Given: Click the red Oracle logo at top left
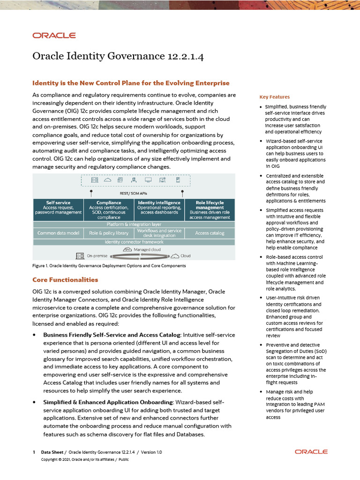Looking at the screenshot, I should [x=54, y=35].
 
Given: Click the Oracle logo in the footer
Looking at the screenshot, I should [x=311, y=452].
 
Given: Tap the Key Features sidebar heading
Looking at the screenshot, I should [x=275, y=97].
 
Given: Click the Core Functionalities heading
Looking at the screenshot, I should [x=65, y=280].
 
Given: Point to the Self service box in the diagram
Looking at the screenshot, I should [x=58, y=210].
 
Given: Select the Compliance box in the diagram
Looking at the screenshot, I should [x=109, y=210].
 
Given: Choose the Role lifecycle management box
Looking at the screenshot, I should [x=210, y=210].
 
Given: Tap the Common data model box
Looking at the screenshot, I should [x=58, y=233].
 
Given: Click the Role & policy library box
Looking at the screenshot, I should [x=109, y=233].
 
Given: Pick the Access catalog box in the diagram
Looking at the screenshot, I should [x=210, y=233].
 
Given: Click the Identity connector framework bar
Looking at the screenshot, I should [x=134, y=242].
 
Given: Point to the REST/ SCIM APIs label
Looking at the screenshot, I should [x=134, y=192].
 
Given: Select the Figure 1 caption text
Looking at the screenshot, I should [x=109, y=266].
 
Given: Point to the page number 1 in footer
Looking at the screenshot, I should [x=34, y=452].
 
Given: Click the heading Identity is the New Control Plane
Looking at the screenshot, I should [x=131, y=83].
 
